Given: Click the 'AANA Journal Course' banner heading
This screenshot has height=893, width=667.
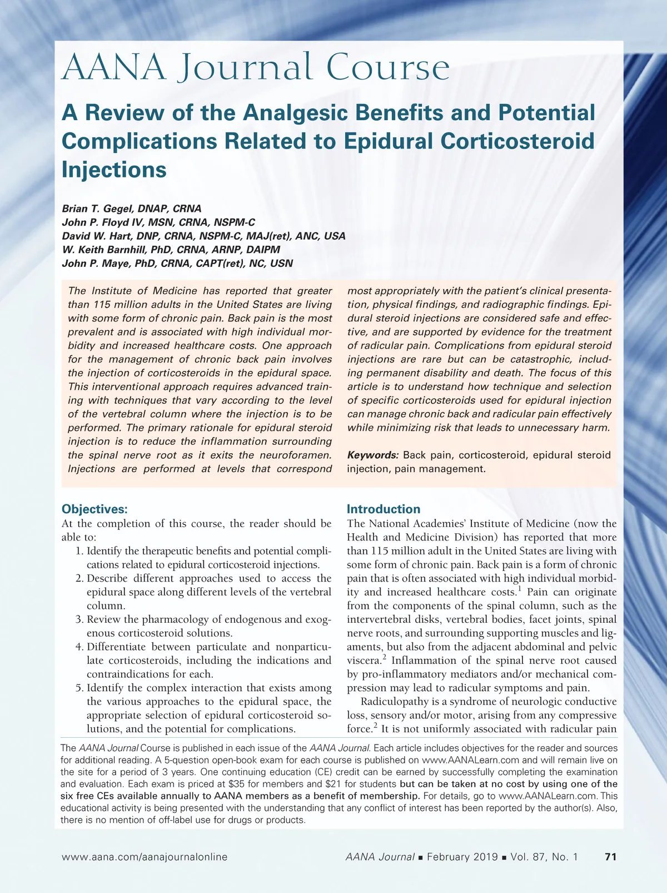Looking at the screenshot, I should (x=256, y=68).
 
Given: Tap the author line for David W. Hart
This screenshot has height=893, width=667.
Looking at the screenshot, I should (x=203, y=236).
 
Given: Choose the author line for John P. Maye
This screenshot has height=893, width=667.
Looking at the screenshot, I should (x=177, y=264).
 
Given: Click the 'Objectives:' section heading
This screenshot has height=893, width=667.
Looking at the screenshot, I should (x=94, y=509).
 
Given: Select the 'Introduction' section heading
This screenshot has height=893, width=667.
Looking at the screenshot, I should (x=384, y=509).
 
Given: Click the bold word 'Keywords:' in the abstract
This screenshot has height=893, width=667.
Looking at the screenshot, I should (x=373, y=455).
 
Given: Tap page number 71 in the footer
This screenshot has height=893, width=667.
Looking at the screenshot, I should (x=610, y=857).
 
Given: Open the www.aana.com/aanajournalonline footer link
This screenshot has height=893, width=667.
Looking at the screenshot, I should (x=145, y=857).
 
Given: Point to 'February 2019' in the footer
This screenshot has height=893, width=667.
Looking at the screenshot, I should (x=462, y=857).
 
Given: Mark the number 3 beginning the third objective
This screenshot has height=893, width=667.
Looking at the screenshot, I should (x=79, y=619).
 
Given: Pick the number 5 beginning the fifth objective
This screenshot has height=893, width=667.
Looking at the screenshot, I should (x=79, y=688).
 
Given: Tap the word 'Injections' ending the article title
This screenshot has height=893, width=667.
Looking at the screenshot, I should (x=114, y=170).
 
